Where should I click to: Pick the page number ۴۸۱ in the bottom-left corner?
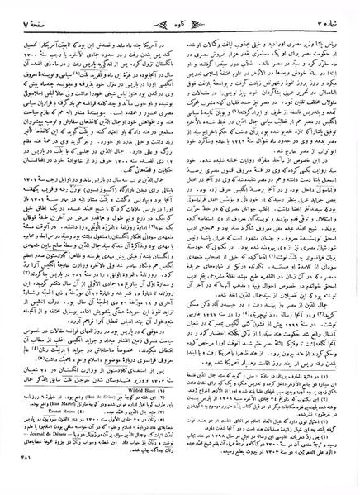pyautogui.click(x=26, y=480)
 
